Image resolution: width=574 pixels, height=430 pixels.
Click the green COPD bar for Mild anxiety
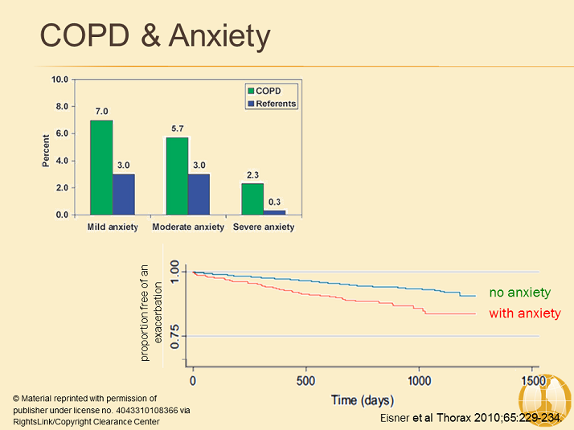pyautogui.click(x=101, y=167)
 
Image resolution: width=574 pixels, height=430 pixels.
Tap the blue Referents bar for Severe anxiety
pyautogui.click(x=274, y=212)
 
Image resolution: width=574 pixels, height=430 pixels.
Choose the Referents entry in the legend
pyautogui.click(x=271, y=104)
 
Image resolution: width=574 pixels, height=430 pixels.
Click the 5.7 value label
pyautogui.click(x=177, y=129)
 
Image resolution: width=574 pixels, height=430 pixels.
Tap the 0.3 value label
pyautogui.click(x=275, y=203)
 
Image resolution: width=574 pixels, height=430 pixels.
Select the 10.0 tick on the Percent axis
pyautogui.click(x=60, y=80)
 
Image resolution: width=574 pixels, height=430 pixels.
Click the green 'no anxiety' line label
pyautogui.click(x=519, y=293)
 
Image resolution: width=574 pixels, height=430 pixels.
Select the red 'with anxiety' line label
pyautogui.click(x=525, y=313)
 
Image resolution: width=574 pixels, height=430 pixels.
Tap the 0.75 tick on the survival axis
pyautogui.click(x=174, y=336)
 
